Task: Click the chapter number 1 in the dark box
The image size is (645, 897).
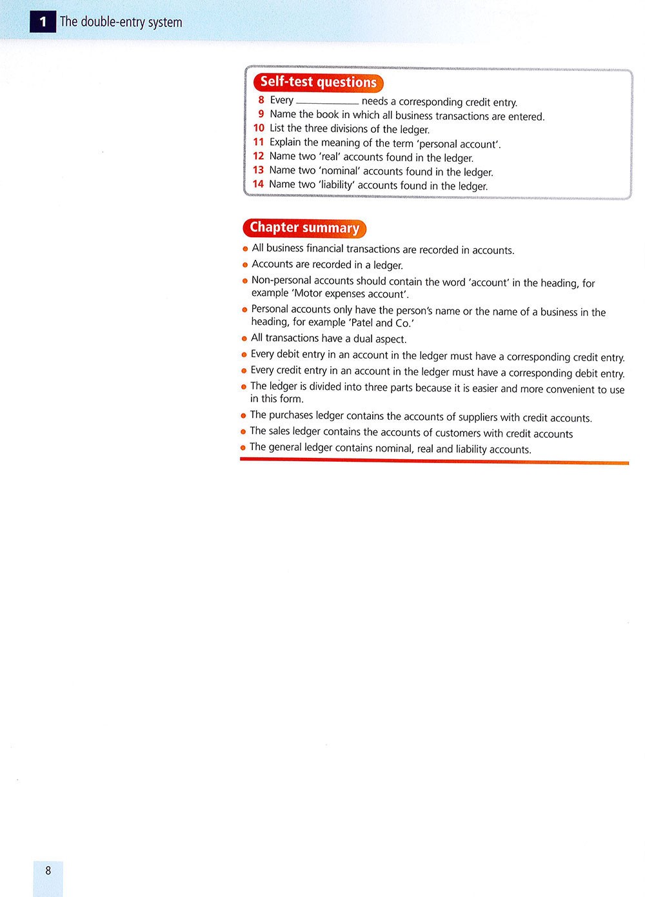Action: click(x=43, y=22)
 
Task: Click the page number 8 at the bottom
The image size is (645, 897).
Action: click(x=48, y=871)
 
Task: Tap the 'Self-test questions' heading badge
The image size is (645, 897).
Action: click(x=318, y=83)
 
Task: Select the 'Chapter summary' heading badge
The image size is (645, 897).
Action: click(x=304, y=228)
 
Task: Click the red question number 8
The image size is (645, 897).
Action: click(x=261, y=100)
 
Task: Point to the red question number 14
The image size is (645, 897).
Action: click(x=258, y=184)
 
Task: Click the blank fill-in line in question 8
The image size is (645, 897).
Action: click(x=327, y=103)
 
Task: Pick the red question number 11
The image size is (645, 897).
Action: click(x=259, y=142)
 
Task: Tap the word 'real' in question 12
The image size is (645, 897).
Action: click(x=330, y=157)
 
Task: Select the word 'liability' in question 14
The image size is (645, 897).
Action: click(x=335, y=185)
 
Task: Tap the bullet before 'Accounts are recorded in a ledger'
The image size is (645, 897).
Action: click(x=245, y=265)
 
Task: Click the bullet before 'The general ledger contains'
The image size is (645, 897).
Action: click(x=244, y=448)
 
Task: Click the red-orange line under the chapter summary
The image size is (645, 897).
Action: click(x=434, y=461)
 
